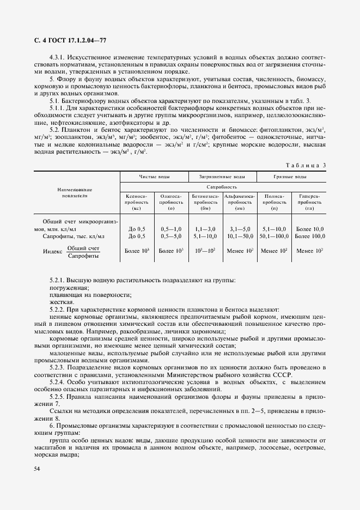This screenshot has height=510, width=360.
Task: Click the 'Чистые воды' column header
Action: (x=154, y=177)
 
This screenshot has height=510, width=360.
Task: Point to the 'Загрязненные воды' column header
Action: (x=222, y=177)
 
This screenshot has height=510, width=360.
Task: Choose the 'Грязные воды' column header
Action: (x=290, y=177)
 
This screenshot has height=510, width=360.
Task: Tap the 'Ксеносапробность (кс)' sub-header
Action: (x=137, y=202)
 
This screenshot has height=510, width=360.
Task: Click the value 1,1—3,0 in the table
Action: (x=205, y=229)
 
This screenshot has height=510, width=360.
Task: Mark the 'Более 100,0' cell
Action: (x=309, y=236)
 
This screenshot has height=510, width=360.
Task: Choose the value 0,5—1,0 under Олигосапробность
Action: (x=171, y=229)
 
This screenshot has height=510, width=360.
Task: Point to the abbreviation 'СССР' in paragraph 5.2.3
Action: (x=282, y=375)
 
